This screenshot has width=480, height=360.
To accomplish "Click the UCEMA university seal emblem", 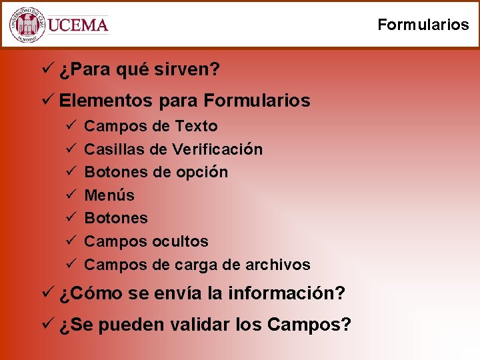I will tap(27, 25).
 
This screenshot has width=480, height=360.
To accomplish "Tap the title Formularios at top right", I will tap(423, 25).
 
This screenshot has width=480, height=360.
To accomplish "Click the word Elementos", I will tap(107, 101).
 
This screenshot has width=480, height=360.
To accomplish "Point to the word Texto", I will tap(196, 126).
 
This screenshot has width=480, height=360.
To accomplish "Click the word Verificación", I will tap(217, 149).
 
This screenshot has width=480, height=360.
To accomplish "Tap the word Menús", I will tap(109, 195).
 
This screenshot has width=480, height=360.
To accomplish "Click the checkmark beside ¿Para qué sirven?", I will tap(47, 69).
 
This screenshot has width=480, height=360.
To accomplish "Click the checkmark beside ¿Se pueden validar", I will tap(47, 325).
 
